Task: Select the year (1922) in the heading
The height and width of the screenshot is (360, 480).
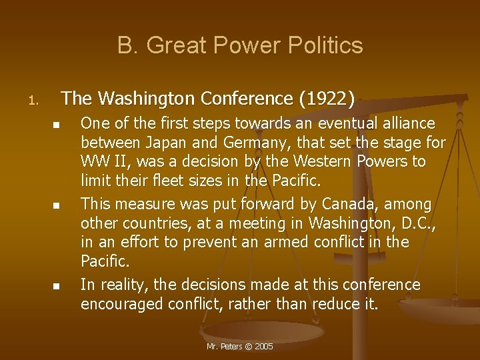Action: [327, 99]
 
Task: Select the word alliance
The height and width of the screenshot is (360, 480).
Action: [407, 123]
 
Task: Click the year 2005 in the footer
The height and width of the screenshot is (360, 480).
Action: [264, 347]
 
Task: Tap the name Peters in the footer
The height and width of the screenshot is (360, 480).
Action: [230, 347]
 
